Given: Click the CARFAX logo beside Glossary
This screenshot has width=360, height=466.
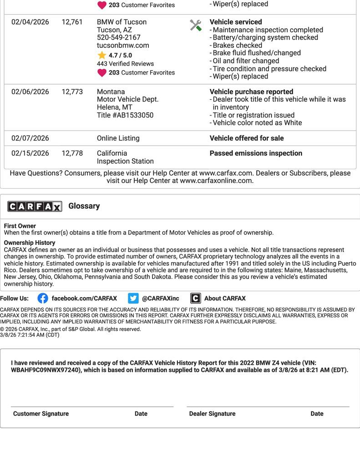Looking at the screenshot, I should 35,207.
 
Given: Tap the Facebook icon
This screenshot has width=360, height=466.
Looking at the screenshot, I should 43,299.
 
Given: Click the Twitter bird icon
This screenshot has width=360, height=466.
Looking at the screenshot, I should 133,299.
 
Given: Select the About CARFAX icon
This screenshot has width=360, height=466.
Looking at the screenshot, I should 195,299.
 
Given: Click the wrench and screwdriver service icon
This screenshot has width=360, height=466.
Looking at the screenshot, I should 196,25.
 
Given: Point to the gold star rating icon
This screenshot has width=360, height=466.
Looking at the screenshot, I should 101,56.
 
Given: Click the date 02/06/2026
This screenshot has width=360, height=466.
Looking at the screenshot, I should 30,92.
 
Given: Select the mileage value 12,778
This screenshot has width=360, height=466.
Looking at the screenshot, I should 72,153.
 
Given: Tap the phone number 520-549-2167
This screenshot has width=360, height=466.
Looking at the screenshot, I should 119,38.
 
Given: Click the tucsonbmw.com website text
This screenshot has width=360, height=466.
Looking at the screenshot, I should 123,46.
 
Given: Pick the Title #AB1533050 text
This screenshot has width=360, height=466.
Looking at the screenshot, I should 125,115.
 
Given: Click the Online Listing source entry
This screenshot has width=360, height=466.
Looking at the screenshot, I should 118,138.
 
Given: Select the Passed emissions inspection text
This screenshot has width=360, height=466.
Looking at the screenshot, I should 256,153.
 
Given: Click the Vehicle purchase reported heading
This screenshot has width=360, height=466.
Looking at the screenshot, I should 251,92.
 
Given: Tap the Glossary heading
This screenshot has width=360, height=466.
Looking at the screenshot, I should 84,206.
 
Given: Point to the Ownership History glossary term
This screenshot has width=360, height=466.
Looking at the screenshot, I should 30,243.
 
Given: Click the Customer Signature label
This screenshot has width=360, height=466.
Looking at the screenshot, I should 41,414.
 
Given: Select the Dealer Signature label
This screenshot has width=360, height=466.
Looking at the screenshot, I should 212,414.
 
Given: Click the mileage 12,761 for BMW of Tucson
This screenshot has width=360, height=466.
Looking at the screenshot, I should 72,22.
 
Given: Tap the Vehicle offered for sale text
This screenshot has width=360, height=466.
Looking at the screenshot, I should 247,138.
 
